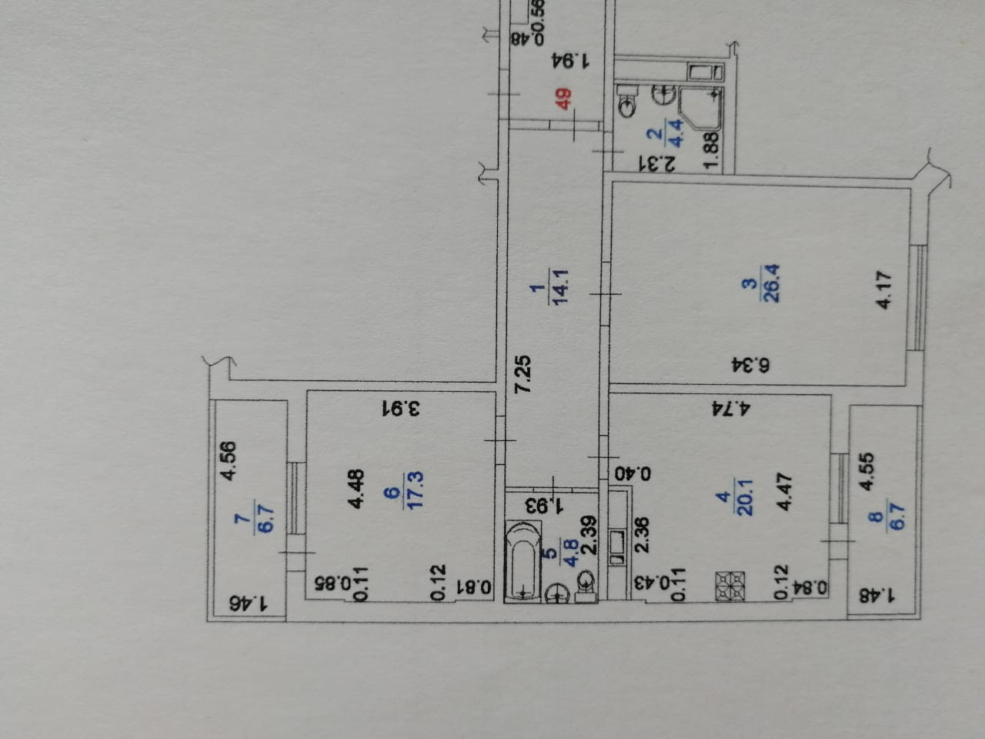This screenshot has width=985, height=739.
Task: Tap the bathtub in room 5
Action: [524, 560]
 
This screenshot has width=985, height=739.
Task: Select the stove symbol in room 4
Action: [731, 586]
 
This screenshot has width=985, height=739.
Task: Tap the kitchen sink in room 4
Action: [617, 542]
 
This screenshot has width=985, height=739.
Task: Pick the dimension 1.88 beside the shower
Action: [712, 150]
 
